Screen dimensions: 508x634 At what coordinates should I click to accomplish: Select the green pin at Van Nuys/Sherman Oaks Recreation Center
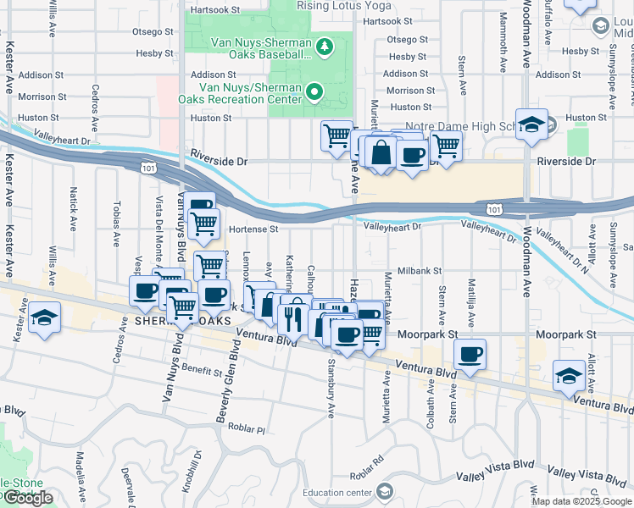[x=314, y=91]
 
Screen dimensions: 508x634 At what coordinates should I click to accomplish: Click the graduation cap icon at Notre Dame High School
[x=531, y=124]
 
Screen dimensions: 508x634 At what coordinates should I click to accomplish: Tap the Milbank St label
[x=420, y=271]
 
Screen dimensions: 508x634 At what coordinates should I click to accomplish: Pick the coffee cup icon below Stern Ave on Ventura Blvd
[x=470, y=354]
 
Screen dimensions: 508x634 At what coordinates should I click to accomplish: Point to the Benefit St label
[x=201, y=370]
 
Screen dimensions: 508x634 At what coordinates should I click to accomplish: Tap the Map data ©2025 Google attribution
[x=581, y=501]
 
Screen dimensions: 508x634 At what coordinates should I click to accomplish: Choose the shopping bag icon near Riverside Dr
[x=381, y=152]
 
